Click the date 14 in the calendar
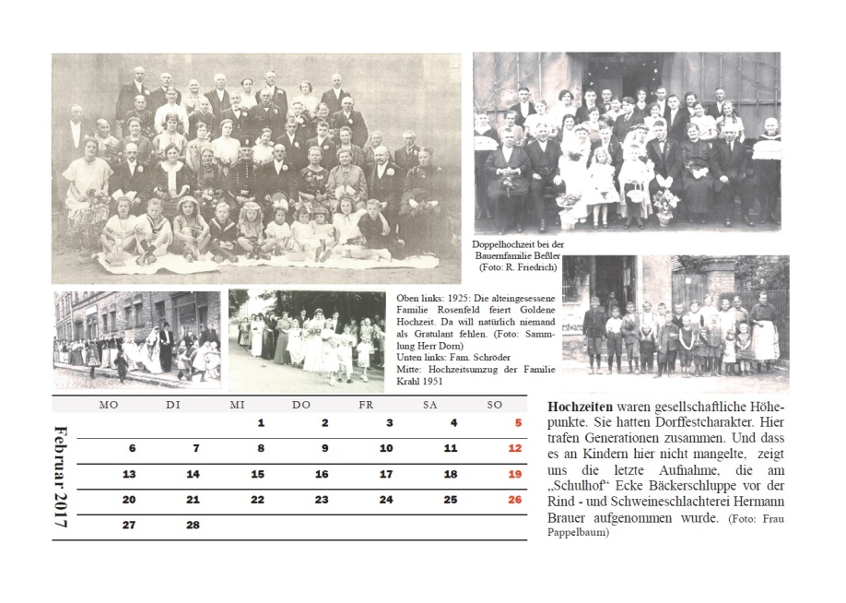pos(194,475)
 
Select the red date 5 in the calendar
pos(517,423)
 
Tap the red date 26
pos(514,500)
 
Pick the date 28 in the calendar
pos(194,525)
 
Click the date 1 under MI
pos(261,423)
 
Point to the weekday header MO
pos(108,405)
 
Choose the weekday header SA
pos(429,405)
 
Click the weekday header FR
pos(365,405)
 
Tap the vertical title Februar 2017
pos(62,476)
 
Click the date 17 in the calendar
pos(386,475)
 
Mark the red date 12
pos(514,449)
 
